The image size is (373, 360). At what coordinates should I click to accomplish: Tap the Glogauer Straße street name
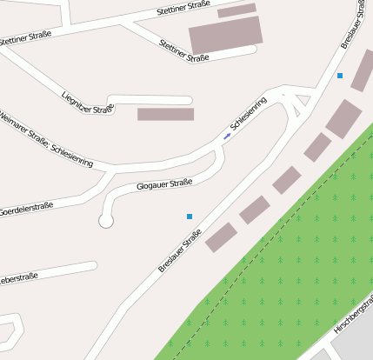point(164,184)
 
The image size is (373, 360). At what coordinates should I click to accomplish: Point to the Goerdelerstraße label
point(26,209)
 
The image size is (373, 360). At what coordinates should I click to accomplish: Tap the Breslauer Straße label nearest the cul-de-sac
point(180,250)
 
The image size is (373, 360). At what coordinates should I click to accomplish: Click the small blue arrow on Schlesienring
point(227,137)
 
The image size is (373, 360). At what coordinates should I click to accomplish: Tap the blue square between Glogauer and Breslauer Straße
point(189,216)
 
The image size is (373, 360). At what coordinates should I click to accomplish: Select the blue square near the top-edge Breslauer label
point(339,77)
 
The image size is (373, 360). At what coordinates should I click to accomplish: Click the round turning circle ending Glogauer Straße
point(106,221)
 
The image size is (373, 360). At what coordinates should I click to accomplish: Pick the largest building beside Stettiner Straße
point(225,36)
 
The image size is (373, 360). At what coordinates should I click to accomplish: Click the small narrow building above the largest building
point(236,10)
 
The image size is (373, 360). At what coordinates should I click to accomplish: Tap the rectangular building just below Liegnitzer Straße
point(165,114)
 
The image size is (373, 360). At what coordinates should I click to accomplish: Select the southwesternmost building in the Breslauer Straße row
point(221,237)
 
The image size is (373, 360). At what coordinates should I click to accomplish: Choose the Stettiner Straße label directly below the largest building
point(184,50)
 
